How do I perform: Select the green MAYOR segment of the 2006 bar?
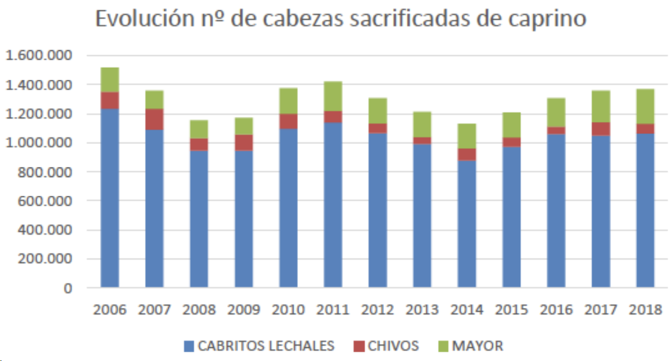[x=110, y=80]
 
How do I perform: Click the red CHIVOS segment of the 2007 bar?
[x=154, y=119]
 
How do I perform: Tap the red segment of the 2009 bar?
[x=244, y=142]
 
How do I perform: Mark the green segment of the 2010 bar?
[x=289, y=101]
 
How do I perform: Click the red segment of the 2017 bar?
[x=601, y=129]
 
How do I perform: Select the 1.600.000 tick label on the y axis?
[x=38, y=56]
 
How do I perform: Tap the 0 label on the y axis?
[x=68, y=288]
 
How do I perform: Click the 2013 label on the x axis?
[x=422, y=310]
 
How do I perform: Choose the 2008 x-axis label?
[x=199, y=310]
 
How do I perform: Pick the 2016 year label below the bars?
[x=556, y=310]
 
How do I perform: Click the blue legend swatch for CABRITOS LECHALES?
[x=189, y=346]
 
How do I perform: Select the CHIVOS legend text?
[x=393, y=346]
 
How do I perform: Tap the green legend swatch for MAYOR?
[x=443, y=346]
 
